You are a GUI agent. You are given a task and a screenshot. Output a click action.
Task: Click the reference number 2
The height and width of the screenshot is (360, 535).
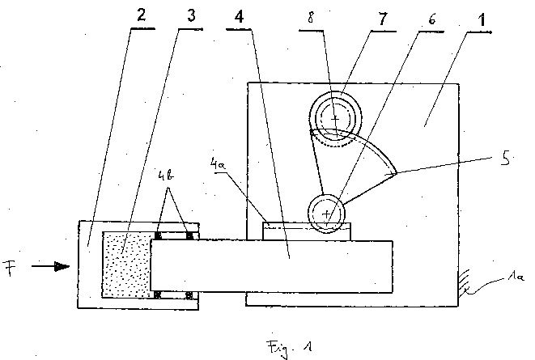(142, 15)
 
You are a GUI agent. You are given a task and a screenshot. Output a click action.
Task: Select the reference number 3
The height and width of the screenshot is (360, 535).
(191, 15)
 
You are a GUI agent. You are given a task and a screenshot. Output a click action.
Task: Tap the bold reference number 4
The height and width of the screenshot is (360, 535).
(240, 16)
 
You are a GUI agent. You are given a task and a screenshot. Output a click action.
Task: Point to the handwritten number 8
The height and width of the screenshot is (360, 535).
(311, 18)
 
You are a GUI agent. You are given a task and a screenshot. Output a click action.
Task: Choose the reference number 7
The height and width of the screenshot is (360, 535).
(383, 19)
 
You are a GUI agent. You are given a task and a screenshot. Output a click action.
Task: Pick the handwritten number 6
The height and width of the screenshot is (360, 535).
(432, 19)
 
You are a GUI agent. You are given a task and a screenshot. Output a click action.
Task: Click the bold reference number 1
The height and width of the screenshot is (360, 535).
(482, 20)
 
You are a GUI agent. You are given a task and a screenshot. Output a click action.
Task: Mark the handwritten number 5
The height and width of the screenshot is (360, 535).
(505, 159)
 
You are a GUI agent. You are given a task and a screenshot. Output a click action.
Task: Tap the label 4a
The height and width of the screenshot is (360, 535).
(217, 163)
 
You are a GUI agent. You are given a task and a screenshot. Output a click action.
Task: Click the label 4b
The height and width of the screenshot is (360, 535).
(166, 175)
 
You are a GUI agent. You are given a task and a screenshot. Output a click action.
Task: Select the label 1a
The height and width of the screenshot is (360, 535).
(516, 277)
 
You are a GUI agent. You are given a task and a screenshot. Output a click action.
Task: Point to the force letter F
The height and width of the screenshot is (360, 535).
(10, 268)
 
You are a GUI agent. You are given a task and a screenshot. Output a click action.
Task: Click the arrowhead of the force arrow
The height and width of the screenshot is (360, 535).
(62, 267)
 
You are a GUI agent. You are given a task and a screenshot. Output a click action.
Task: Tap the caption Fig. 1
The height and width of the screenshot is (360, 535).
(289, 348)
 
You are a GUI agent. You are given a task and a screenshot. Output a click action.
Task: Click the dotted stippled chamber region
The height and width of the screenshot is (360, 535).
(127, 265)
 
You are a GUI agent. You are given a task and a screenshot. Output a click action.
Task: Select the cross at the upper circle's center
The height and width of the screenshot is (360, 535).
(335, 119)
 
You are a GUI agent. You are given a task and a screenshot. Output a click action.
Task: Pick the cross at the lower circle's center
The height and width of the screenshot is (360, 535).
(326, 214)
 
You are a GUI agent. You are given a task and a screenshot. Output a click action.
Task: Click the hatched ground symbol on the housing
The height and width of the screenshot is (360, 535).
(465, 282)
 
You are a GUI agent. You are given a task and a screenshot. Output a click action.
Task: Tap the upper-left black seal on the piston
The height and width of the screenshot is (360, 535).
(158, 235)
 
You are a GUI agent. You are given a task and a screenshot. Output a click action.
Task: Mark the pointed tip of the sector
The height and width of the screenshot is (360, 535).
(396, 173)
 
